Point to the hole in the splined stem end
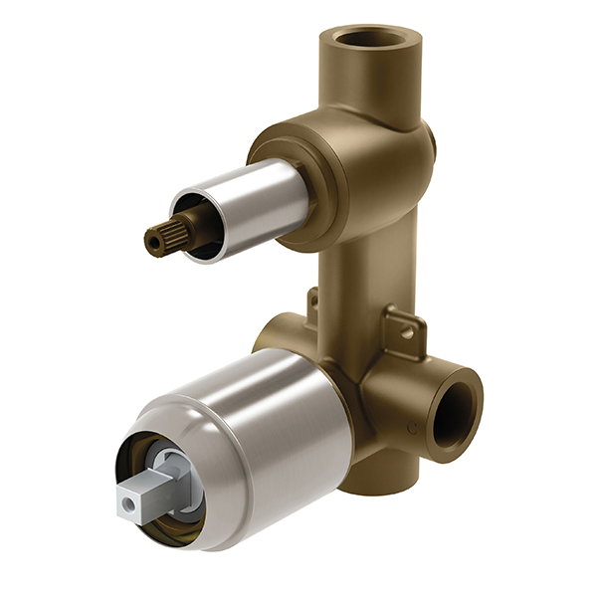click(x=151, y=240)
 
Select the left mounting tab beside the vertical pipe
click(x=312, y=301)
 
